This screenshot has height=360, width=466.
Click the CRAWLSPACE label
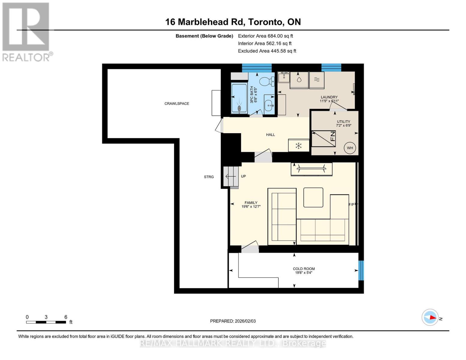[176, 103]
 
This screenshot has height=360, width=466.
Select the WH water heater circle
[350, 148]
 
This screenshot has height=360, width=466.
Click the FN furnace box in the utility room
[323, 139]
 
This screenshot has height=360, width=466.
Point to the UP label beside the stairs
[243, 176]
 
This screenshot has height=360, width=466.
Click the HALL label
[270, 135]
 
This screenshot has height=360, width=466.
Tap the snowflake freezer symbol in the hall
[299, 146]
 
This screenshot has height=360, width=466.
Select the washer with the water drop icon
[299, 80]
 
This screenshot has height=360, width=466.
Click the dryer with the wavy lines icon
[317, 80]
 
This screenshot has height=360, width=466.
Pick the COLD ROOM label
[304, 269]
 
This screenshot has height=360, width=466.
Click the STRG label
[209, 177]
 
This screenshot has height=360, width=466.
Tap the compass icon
[430, 317]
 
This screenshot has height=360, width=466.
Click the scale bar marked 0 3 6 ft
[46, 322]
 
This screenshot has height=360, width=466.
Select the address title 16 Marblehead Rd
[233, 22]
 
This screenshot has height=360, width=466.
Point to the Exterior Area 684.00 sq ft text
[265, 36]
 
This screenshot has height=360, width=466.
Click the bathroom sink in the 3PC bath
[269, 105]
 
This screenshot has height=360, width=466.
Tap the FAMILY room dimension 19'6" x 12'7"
[251, 207]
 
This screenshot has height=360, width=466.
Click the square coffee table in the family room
[313, 197]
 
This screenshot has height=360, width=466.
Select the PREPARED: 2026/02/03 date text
[233, 321]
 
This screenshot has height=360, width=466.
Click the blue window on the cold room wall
[361, 270]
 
